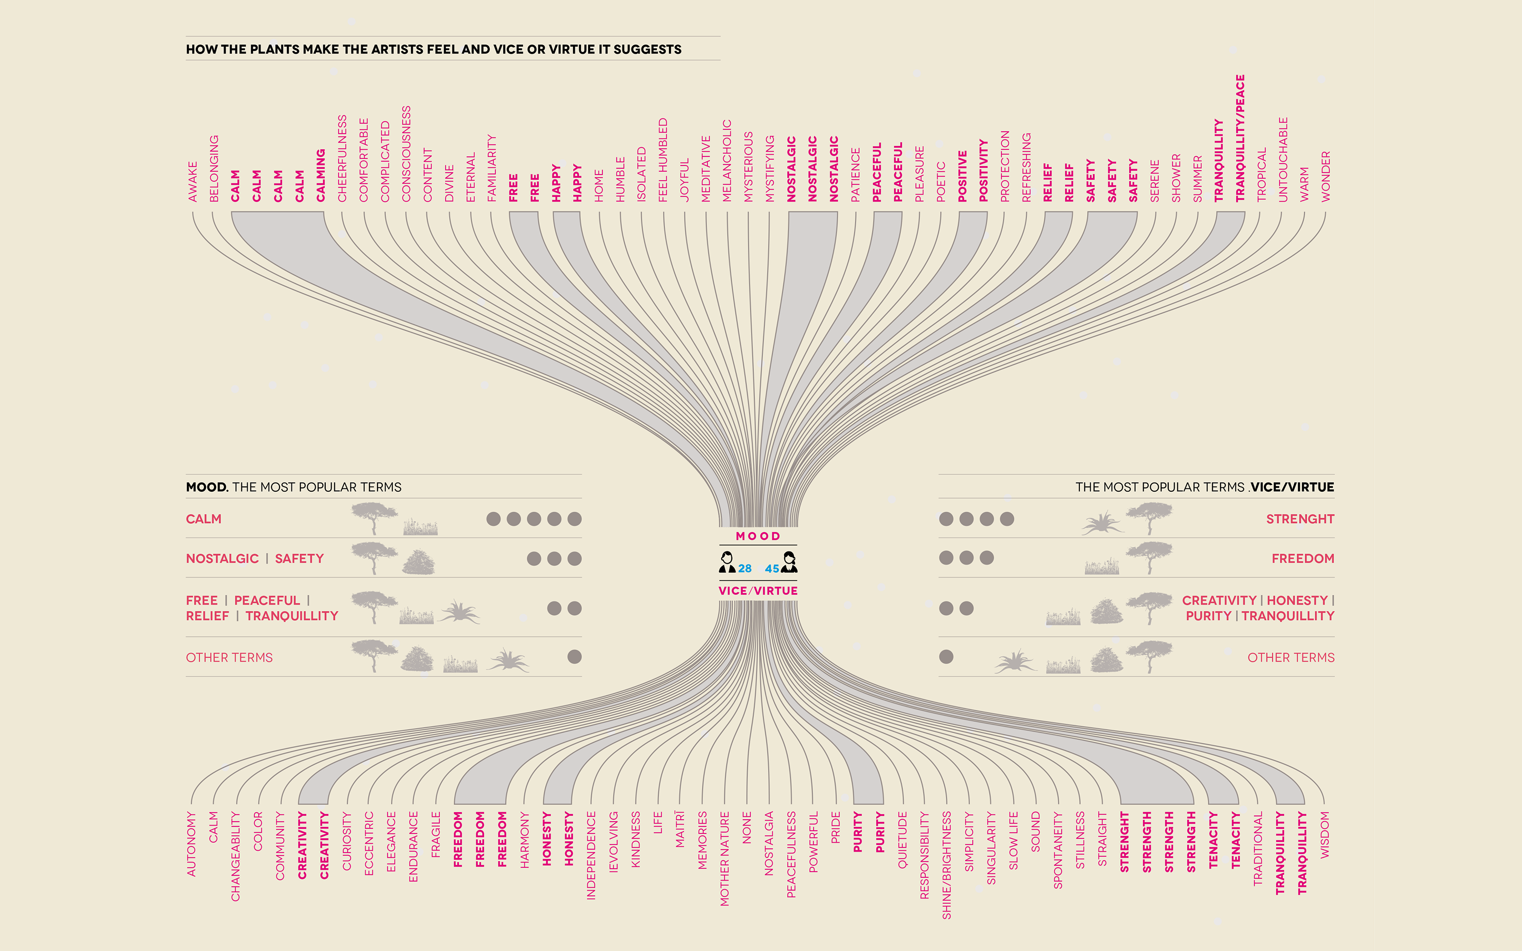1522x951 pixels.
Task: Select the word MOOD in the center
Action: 758,536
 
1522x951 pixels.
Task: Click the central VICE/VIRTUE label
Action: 758,591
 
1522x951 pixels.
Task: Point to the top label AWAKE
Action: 193,182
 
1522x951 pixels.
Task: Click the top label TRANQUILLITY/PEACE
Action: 1240,138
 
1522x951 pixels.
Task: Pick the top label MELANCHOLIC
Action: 727,161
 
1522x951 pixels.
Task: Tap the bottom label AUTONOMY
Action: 192,844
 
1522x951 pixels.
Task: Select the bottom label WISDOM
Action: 1325,835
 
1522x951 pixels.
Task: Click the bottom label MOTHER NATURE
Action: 725,859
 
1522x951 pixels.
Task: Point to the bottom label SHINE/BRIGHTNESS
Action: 947,865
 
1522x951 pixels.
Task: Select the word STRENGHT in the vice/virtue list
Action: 1300,519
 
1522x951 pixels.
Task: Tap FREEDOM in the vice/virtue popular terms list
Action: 1302,559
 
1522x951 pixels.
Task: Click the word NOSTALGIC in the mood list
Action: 222,559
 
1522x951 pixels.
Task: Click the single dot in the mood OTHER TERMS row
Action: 574,657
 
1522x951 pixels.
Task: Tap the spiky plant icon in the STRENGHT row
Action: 1102,523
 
